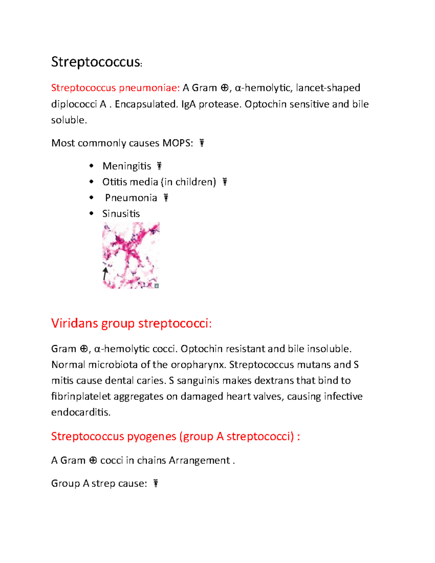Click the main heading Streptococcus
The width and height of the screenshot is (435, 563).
coord(96,62)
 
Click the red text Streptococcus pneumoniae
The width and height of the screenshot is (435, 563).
coord(115,88)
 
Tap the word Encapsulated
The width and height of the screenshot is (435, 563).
coord(146,104)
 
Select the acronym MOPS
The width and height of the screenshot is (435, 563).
coord(177,143)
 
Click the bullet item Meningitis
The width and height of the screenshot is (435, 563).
coord(127,166)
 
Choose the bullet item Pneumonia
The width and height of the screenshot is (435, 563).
coord(131,198)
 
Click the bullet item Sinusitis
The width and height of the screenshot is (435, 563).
coord(121,214)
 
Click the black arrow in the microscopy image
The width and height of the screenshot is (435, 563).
coord(105,274)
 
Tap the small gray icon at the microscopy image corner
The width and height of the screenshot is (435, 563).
coord(157,286)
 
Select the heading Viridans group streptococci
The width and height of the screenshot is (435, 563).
coord(131,323)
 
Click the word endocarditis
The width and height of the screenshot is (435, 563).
coord(81,413)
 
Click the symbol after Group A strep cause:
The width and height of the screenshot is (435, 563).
coord(156,483)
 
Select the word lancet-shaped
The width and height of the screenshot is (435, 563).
coord(328,88)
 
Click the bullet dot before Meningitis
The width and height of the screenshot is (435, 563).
coord(91,166)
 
